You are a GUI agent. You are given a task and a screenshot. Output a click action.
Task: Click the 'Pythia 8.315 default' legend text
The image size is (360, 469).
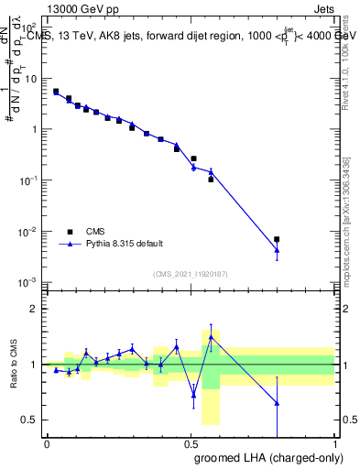124,244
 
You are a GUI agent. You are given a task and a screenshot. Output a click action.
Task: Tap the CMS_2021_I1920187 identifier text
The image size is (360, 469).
190,274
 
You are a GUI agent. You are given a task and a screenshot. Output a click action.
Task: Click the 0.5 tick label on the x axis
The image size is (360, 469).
191,442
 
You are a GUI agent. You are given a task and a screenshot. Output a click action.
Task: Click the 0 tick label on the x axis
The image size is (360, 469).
47,442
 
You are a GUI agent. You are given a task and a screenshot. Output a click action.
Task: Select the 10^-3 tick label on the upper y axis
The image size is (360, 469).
27,282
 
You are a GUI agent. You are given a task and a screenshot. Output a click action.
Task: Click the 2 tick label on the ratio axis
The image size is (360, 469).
34,309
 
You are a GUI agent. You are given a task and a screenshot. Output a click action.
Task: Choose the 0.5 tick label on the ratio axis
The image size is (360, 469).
31,420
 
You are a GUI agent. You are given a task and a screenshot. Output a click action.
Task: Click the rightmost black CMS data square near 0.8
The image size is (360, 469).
277,239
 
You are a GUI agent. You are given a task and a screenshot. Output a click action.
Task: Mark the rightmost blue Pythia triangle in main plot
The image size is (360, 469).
277,250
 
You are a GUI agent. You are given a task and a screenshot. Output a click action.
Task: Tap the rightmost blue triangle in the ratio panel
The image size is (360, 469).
277,403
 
